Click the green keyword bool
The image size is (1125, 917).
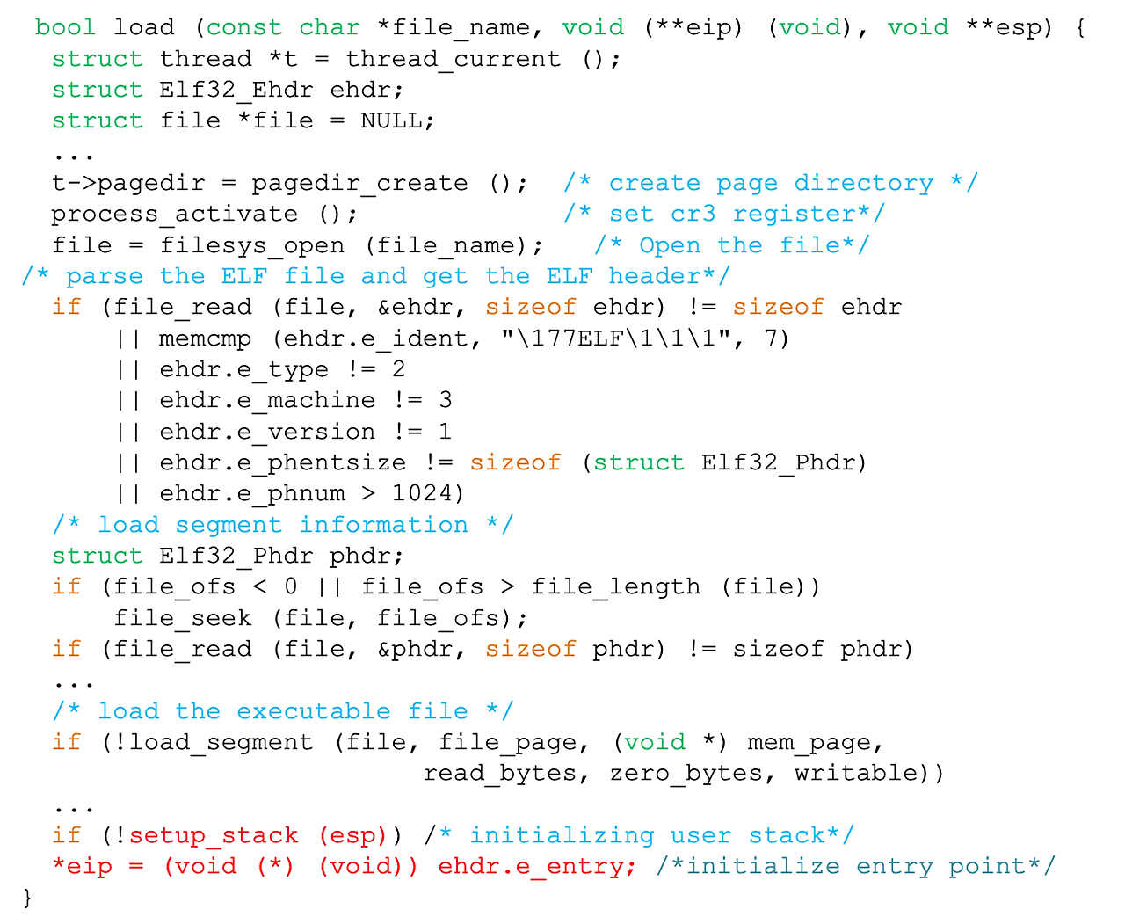[x=65, y=28]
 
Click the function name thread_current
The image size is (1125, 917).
[x=453, y=60]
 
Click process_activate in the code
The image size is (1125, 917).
[x=175, y=215]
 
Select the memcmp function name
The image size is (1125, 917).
[x=205, y=339]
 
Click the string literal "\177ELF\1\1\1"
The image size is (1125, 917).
[x=616, y=339]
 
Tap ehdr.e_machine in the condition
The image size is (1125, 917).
[x=267, y=401]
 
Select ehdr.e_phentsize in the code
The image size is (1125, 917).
[x=282, y=463]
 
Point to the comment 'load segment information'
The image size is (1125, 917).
[x=282, y=526]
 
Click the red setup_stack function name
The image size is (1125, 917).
[x=214, y=836]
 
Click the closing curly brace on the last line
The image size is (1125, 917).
[x=27, y=898]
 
